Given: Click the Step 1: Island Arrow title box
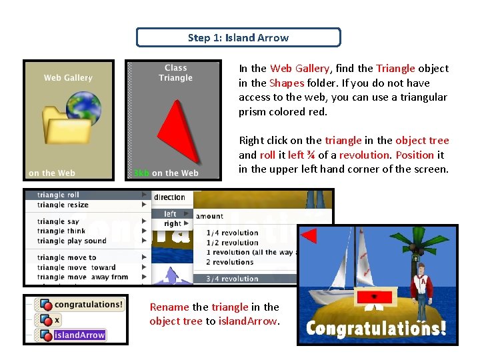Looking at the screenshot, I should click(238, 37).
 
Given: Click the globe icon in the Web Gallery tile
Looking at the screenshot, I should click(83, 107).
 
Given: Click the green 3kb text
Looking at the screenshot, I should click(141, 173).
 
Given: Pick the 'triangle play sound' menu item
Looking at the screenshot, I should click(72, 241).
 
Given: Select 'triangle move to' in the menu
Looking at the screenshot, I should click(67, 257).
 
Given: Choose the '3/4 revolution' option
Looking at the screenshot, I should click(232, 279).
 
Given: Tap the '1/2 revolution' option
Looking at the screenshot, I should click(232, 243).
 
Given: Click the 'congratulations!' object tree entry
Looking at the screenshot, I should click(88, 305).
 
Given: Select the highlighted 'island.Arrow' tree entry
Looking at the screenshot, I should click(79, 335).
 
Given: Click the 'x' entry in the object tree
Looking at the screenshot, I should click(57, 320).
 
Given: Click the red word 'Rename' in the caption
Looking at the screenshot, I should click(169, 307).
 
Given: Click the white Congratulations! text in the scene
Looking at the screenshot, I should click(376, 329).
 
